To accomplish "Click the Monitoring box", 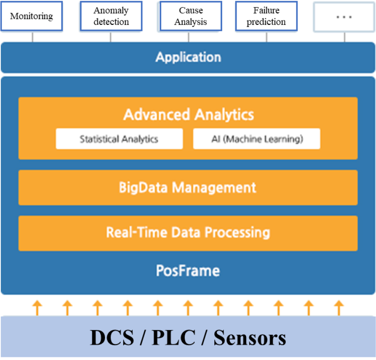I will [31, 17].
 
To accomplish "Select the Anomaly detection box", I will [111, 17].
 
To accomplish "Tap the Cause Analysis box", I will [190, 17].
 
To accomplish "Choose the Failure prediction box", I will [266, 17].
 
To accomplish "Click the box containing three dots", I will [344, 17].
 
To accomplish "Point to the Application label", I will [188, 57].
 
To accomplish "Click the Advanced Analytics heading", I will [188, 114].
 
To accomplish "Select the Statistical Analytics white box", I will [119, 139].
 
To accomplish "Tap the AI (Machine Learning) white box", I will [257, 139].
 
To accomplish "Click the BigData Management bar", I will [188, 188].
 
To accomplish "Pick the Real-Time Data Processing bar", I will [188, 232].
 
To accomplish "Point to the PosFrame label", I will [188, 271].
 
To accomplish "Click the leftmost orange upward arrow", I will [37, 307].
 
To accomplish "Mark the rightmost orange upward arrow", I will [339, 307].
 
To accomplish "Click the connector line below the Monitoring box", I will [33, 37].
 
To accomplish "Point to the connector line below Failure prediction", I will [267, 37].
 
